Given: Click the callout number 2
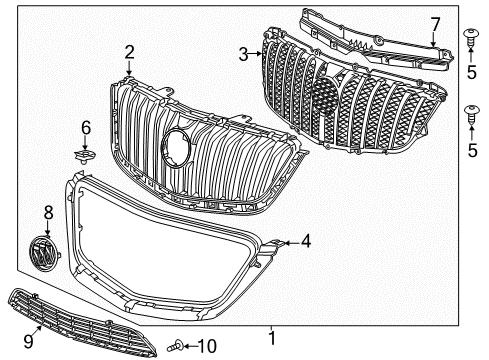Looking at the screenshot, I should [x=130, y=52].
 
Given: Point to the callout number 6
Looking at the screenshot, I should [x=86, y=128].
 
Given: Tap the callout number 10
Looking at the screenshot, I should [x=211, y=347].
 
